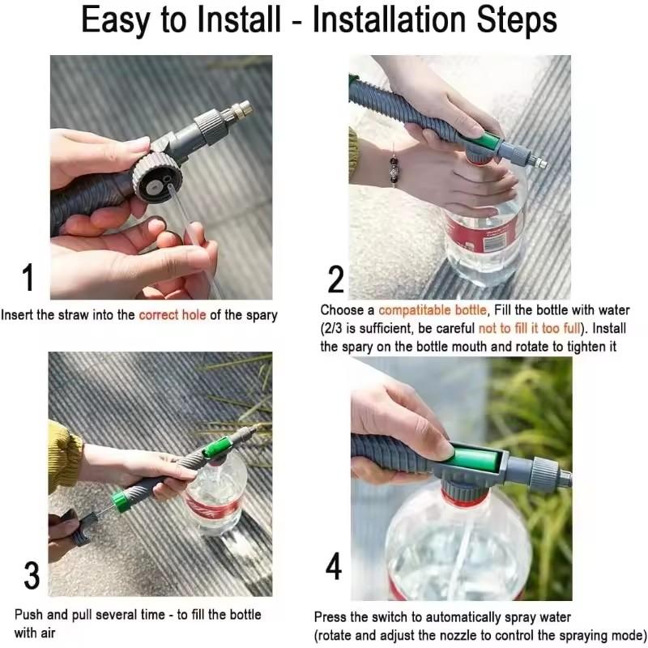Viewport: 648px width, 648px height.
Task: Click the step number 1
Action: pyautogui.click(x=28, y=278)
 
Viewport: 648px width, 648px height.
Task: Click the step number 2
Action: pyautogui.click(x=336, y=279)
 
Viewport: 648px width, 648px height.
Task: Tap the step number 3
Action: pyautogui.click(x=32, y=575)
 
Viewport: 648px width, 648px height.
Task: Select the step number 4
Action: pyautogui.click(x=334, y=568)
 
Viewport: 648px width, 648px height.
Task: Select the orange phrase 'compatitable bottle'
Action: pyautogui.click(x=433, y=310)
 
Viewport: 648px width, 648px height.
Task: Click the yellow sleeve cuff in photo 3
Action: pyautogui.click(x=63, y=457)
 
